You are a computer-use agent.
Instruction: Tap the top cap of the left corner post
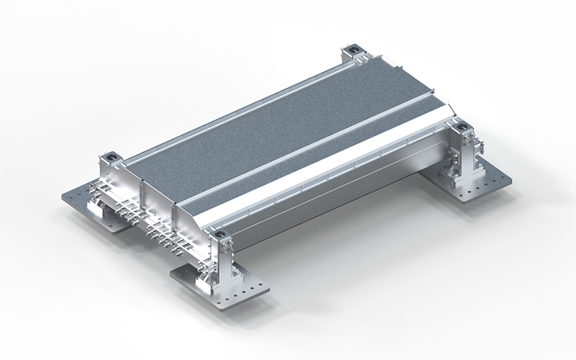(x=109, y=156)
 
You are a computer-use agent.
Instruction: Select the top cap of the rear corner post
(x=353, y=50)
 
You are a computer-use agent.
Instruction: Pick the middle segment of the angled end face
(x=158, y=194)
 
